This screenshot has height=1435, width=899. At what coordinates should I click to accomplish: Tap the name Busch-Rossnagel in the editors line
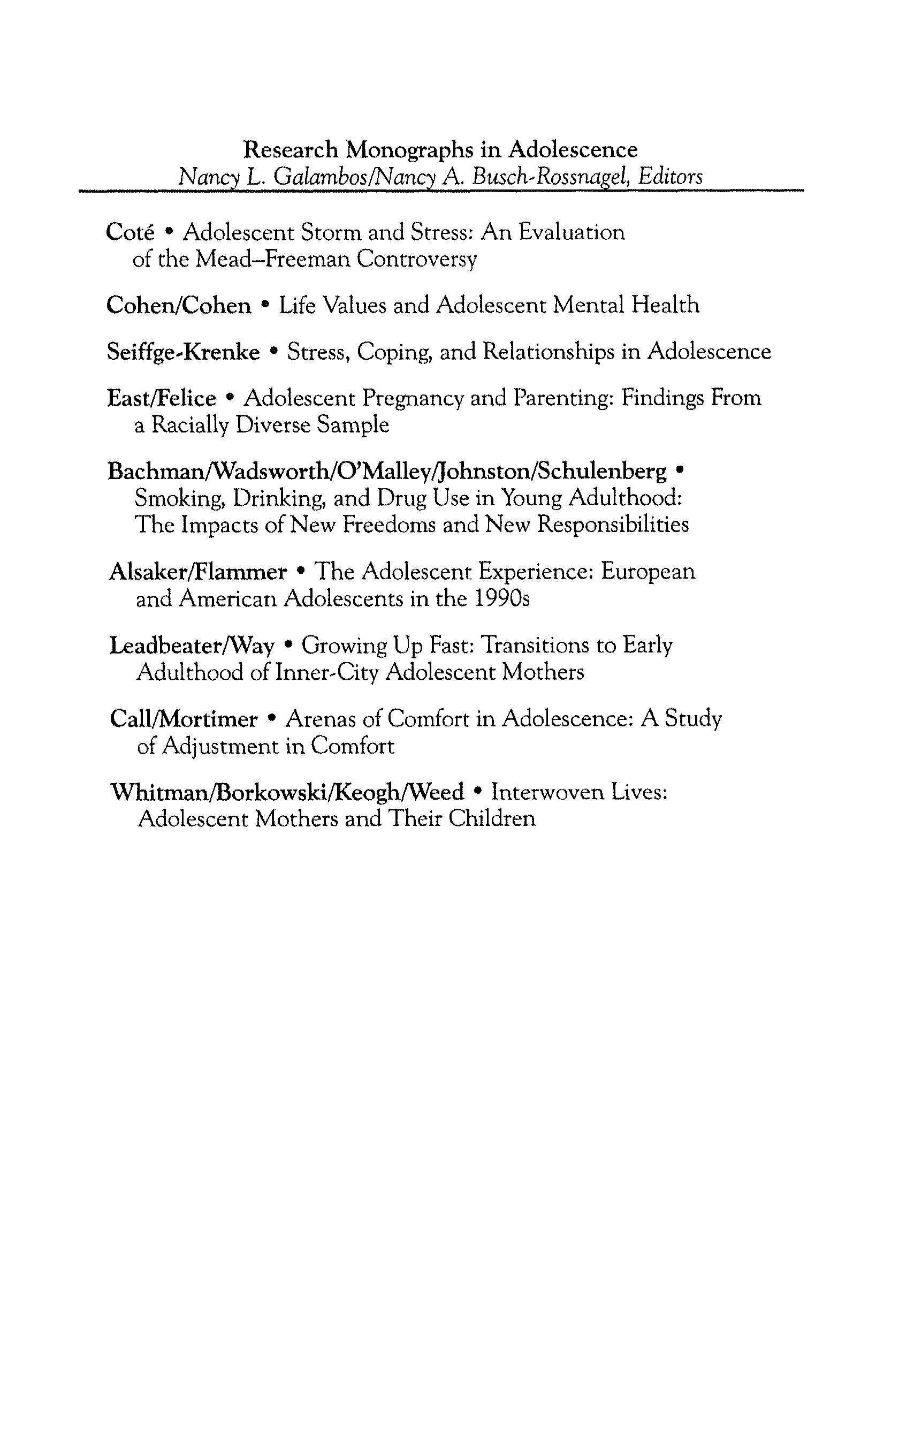(551, 177)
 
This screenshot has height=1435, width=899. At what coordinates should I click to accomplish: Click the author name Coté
(129, 232)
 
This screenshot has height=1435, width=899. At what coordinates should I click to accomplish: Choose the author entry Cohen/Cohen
(178, 306)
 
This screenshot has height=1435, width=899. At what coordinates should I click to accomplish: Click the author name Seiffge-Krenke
(183, 352)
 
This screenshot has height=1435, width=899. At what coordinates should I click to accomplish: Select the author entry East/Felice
(161, 398)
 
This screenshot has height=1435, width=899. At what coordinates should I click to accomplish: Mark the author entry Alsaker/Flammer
(197, 572)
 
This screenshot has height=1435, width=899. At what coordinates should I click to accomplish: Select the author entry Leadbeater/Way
(192, 646)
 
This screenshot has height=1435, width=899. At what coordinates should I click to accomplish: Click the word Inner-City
(327, 673)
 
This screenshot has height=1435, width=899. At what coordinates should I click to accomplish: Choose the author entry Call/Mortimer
(184, 719)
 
